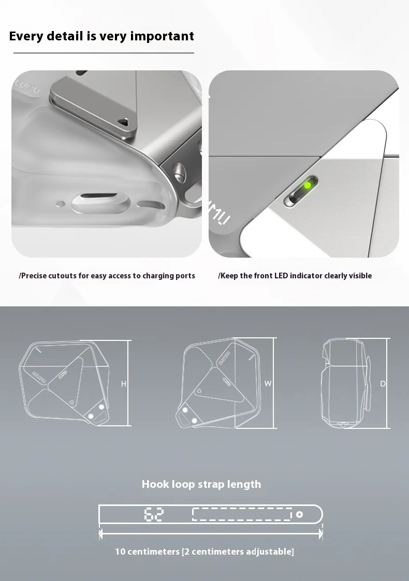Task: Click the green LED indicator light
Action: click(x=308, y=185)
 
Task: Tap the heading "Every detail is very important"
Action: click(x=101, y=36)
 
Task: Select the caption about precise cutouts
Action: click(x=107, y=276)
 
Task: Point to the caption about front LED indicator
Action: click(x=295, y=276)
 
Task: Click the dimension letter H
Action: click(x=124, y=384)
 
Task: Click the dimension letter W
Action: click(x=268, y=383)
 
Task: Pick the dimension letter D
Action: click(x=383, y=383)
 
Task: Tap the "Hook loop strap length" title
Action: click(x=201, y=484)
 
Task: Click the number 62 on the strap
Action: click(x=154, y=514)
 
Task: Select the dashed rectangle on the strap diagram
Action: click(x=242, y=514)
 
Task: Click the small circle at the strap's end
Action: click(x=299, y=514)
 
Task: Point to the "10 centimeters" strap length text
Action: click(x=204, y=552)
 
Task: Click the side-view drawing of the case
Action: click(x=346, y=383)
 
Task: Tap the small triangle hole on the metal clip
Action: click(x=123, y=121)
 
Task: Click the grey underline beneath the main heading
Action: click(x=104, y=53)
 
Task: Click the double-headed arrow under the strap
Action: click(x=211, y=532)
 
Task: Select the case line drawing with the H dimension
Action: click(x=65, y=383)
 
